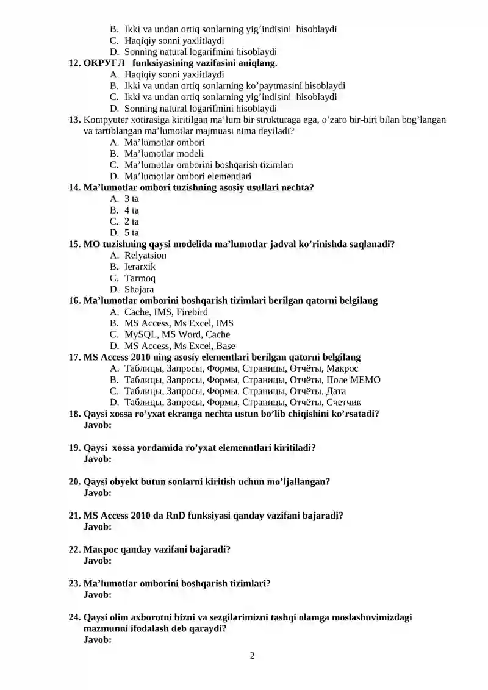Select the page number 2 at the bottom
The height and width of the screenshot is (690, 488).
point(252,656)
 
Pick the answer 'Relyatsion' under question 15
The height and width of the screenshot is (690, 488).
point(145,255)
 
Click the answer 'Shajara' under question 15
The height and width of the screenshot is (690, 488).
point(139,289)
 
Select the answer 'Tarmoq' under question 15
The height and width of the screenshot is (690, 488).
point(140,278)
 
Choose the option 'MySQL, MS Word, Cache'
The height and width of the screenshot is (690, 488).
point(177,334)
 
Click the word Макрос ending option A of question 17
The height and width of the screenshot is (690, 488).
point(342,368)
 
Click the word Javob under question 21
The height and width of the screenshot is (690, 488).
point(97,526)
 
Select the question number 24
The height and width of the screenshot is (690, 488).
point(74,617)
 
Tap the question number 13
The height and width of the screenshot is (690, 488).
point(74,120)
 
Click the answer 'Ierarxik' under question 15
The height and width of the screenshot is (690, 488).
point(140,267)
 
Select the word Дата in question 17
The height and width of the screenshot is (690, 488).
point(336,391)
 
